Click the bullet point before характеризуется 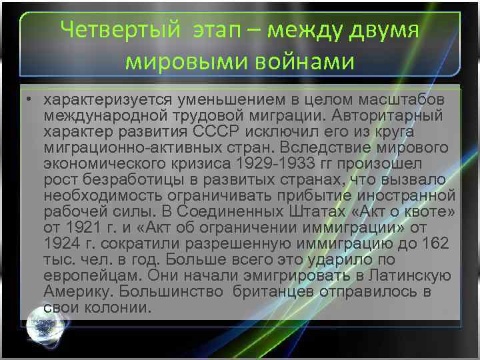click(31, 99)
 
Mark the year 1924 click(61, 243)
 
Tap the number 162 click(436, 243)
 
